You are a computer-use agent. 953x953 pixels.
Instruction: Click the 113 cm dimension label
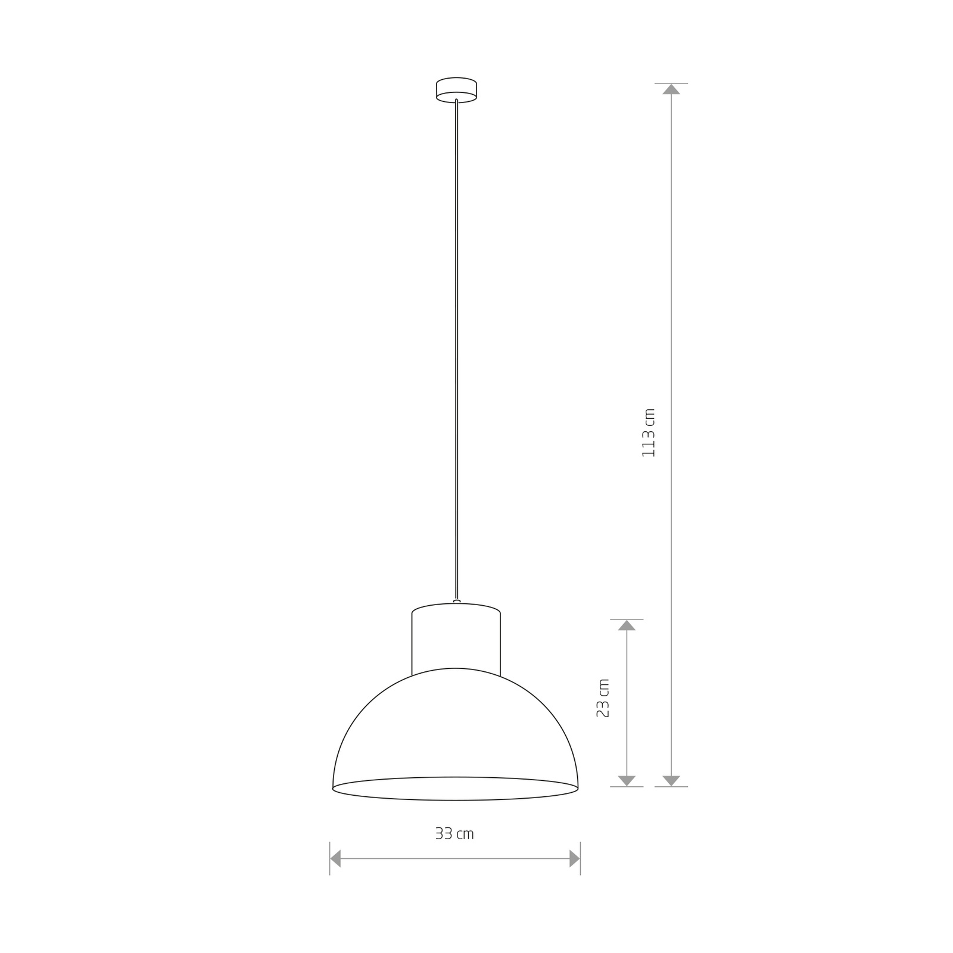[x=649, y=433]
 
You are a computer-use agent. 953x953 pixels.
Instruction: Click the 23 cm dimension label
[x=603, y=697]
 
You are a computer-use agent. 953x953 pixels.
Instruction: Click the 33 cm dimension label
[x=454, y=834]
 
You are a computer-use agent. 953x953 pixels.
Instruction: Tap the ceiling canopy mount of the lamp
[x=456, y=90]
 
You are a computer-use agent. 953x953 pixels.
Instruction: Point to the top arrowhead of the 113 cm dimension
[x=671, y=89]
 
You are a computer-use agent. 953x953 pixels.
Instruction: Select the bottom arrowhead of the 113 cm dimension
[x=671, y=781]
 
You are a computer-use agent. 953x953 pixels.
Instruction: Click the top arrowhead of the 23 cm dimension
[x=627, y=625]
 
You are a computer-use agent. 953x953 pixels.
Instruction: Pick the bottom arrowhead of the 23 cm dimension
[x=627, y=781]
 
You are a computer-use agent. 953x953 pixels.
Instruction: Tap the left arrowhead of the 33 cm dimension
[x=335, y=858]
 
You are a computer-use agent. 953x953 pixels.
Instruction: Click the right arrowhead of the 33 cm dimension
[x=575, y=858]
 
